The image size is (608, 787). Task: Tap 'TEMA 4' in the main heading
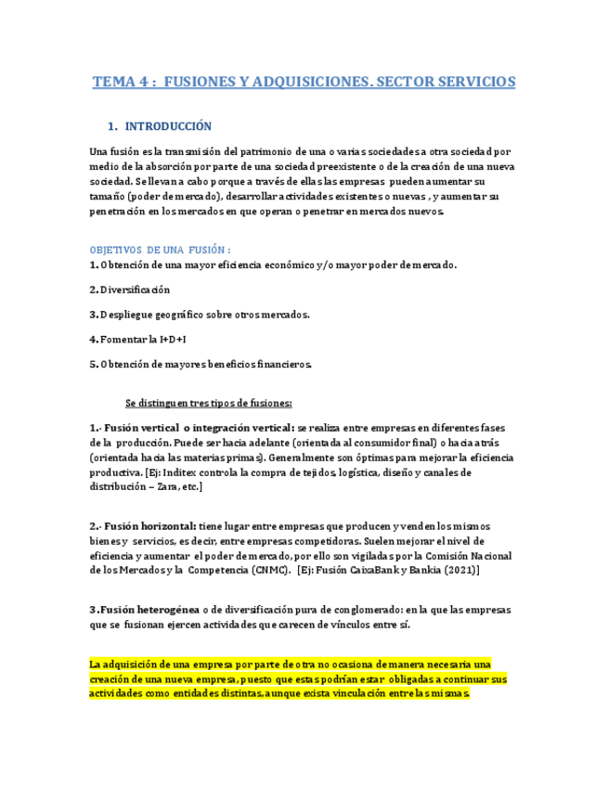(120, 82)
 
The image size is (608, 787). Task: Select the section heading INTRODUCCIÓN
(168, 126)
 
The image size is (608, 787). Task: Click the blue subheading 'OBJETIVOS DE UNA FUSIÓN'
(159, 250)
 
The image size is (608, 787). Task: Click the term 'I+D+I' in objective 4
(175, 339)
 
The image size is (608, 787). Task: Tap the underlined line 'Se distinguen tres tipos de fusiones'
(209, 403)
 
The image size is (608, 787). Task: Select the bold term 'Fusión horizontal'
(149, 524)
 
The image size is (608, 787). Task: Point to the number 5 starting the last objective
(93, 364)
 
